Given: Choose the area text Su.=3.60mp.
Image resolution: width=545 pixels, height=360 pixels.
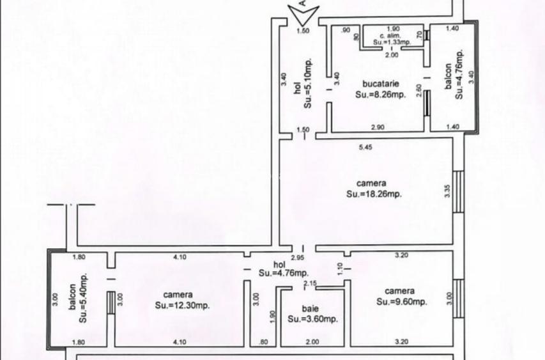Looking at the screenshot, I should point(312,319).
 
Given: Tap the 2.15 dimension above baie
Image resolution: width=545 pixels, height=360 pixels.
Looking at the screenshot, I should point(311,283).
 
